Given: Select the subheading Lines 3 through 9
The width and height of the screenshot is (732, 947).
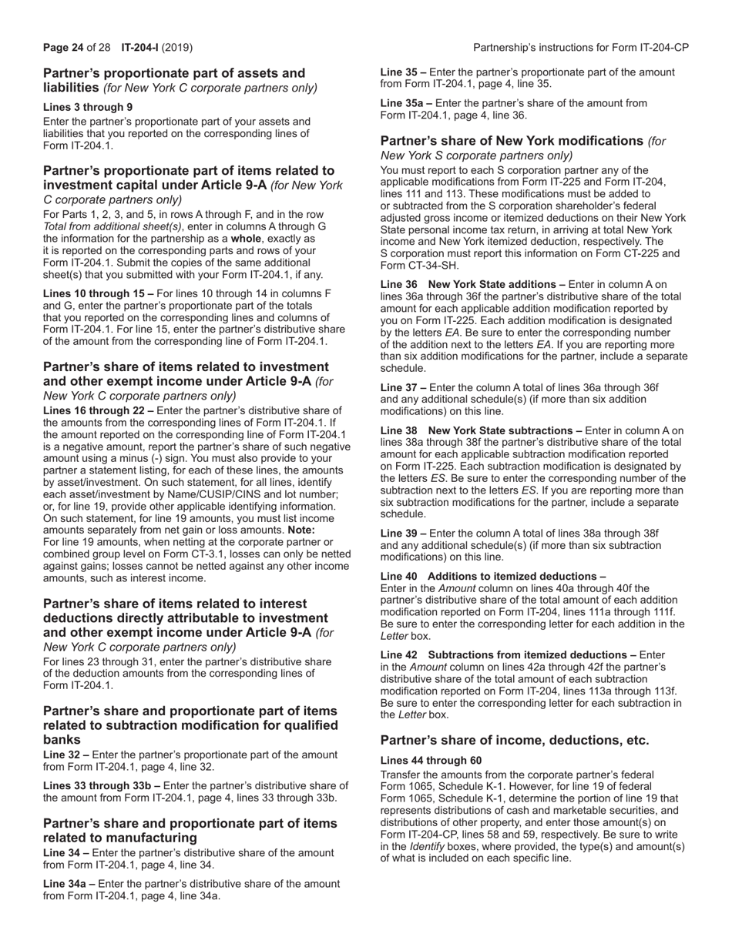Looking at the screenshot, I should (x=87, y=107).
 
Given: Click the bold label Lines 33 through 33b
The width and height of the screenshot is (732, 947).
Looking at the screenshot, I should (x=102, y=786).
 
